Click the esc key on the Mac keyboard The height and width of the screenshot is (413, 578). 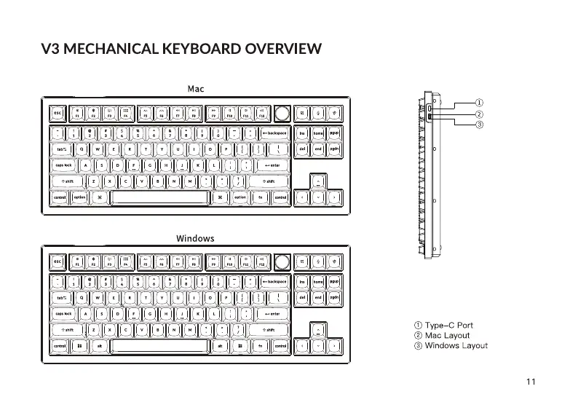point(58,114)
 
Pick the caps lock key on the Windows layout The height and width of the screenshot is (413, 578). point(64,313)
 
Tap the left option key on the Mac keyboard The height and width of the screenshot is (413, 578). point(79,197)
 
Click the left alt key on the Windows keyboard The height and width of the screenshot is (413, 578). point(99,346)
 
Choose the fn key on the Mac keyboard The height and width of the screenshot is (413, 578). point(261,197)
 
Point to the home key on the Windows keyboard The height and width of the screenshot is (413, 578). point(318,281)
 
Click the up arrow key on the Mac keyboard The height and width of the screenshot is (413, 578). point(318,181)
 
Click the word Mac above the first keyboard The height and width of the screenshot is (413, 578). point(196,89)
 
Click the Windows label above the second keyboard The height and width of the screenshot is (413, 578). point(195,238)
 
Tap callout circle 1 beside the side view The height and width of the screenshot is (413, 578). point(479,102)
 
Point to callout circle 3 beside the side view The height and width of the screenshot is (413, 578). point(479,125)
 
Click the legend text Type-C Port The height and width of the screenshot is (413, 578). point(449,325)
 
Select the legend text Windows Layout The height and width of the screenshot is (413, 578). point(456,345)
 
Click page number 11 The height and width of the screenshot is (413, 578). point(530,381)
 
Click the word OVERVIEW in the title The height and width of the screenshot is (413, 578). point(284,50)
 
